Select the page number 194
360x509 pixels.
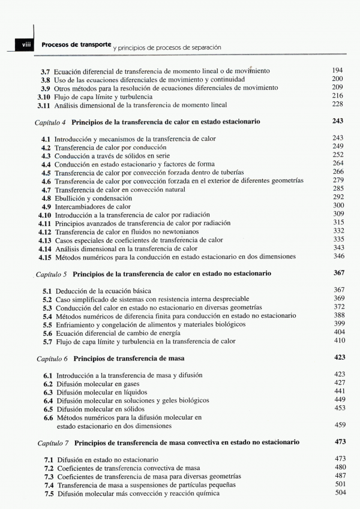[x=337, y=71]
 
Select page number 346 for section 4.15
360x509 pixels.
[x=338, y=257]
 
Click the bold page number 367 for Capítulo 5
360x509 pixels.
[x=338, y=273]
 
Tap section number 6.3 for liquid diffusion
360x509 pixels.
[x=47, y=391]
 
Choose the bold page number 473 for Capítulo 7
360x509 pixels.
[x=338, y=442]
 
